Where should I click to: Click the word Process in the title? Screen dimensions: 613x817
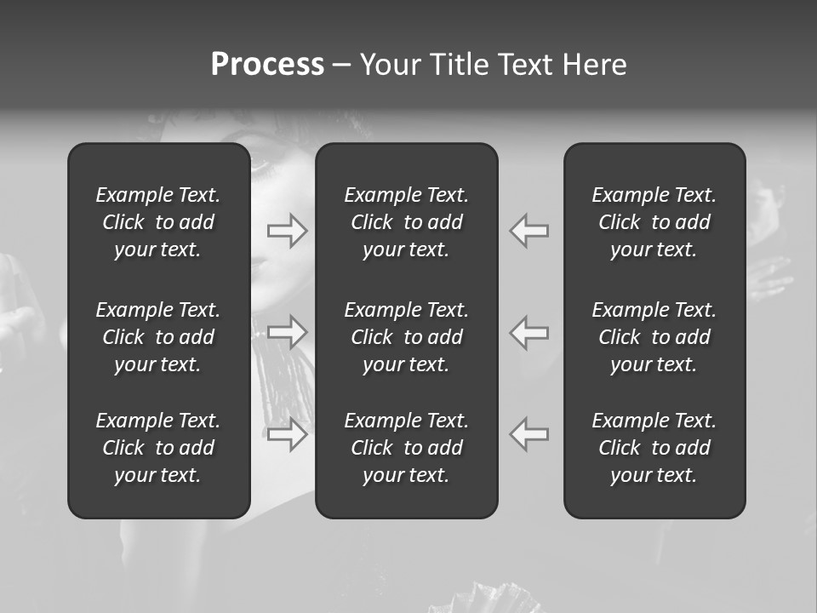(267, 65)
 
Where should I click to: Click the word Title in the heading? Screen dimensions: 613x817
(458, 65)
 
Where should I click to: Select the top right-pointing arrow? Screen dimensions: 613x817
(288, 231)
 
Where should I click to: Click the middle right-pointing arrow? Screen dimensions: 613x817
(288, 332)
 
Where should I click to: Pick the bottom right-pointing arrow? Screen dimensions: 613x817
(288, 434)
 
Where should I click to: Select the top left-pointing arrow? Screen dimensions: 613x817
(528, 231)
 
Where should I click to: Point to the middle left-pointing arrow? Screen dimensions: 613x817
(528, 332)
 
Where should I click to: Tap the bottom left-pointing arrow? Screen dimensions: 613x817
(528, 434)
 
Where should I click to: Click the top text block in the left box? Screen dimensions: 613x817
(158, 222)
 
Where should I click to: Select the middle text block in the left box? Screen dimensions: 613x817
(158, 337)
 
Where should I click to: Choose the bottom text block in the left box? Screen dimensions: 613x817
(158, 448)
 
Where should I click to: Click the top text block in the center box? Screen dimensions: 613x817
(406, 222)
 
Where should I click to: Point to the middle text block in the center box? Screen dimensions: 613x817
(406, 337)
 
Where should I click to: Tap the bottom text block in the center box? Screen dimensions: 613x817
(406, 448)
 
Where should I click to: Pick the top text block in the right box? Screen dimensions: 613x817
(654, 222)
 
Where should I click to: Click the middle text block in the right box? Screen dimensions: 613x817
(654, 337)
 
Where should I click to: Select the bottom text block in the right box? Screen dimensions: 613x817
(654, 448)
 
